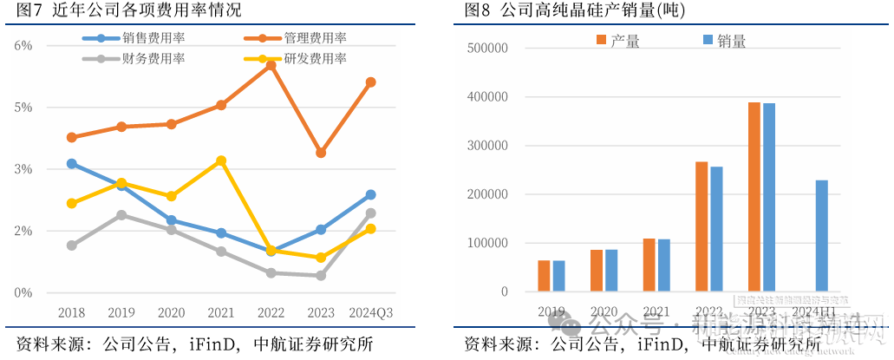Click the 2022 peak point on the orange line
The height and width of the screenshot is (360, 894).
click(x=271, y=65)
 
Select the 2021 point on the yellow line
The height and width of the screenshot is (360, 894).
click(x=221, y=160)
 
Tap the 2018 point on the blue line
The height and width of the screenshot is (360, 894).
click(x=72, y=163)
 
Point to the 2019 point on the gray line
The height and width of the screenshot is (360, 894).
click(x=121, y=214)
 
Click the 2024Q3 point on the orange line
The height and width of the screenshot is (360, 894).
click(x=370, y=82)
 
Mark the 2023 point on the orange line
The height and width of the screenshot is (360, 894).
click(x=321, y=153)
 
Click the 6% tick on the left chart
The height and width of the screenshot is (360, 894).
click(x=23, y=45)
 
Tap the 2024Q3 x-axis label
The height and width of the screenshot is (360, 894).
click(x=370, y=312)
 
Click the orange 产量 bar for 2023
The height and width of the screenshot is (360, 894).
click(x=754, y=197)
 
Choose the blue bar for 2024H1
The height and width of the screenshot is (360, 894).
click(x=822, y=236)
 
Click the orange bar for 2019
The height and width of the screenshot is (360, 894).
click(x=544, y=276)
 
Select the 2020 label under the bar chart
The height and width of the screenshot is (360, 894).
click(x=604, y=311)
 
